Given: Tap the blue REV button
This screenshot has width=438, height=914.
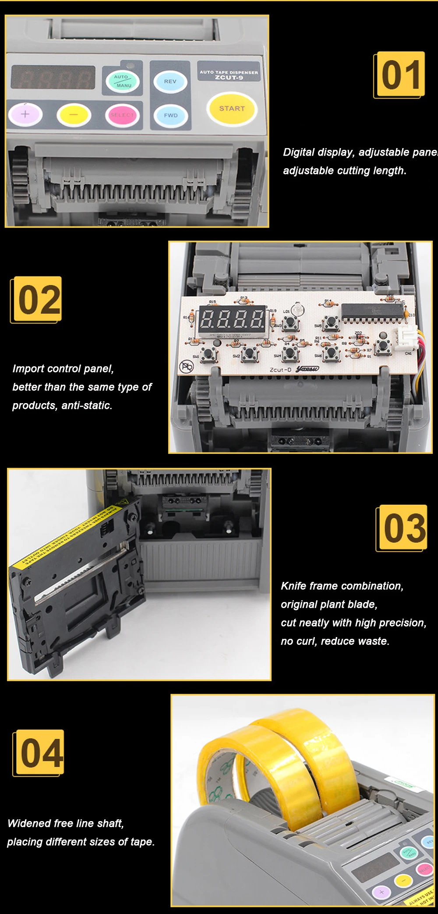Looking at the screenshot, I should click(x=170, y=81).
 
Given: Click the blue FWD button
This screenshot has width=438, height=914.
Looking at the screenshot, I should click(x=170, y=115).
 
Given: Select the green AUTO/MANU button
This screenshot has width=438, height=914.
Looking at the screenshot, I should click(x=123, y=81).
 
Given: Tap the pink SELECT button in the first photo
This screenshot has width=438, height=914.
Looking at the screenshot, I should click(x=122, y=115).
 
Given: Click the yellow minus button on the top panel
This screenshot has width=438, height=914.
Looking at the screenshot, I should click(x=73, y=115).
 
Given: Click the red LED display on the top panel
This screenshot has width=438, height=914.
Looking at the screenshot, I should click(x=53, y=78).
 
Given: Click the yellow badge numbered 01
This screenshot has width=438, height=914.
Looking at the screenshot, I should click(x=400, y=74).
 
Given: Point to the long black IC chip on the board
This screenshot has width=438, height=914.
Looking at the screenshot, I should click(x=372, y=312).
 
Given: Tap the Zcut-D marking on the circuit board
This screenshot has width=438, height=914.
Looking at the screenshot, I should click(x=281, y=370).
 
